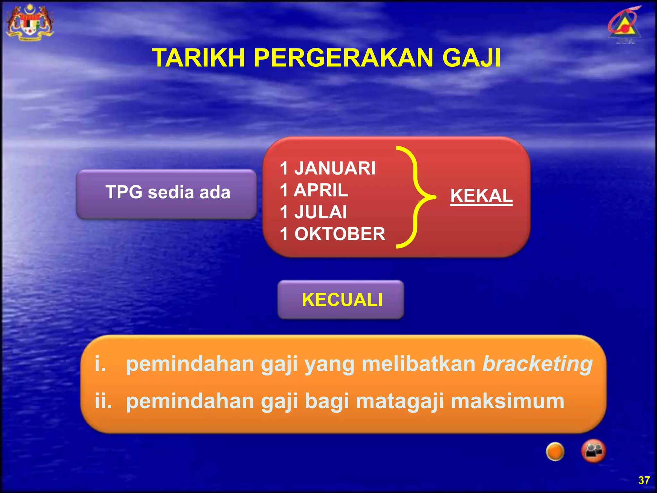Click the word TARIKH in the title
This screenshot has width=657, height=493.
[198, 58]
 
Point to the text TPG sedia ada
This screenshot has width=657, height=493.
[168, 193]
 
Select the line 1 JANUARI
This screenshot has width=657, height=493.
[327, 168]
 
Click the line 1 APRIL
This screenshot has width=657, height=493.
[313, 190]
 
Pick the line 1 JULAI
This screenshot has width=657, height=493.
[313, 212]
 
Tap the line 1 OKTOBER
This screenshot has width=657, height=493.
[332, 234]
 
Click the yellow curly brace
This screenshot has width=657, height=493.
[416, 197]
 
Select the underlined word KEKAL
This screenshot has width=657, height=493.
[481, 196]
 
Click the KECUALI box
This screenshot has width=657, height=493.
[341, 300]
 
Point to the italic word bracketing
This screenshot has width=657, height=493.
[537, 364]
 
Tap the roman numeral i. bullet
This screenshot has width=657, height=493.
[100, 364]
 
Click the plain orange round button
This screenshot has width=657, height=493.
[555, 451]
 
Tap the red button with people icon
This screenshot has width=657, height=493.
[593, 451]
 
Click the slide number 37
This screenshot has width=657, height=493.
[644, 480]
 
